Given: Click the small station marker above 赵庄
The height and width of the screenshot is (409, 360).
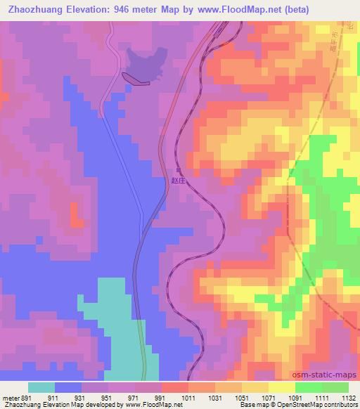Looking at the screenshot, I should tap(179, 171).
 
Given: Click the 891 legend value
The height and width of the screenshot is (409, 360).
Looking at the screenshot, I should tap(28, 397).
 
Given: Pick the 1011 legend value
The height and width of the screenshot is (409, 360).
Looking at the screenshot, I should tap(188, 397).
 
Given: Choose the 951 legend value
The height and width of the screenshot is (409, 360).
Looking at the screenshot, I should tap(108, 397).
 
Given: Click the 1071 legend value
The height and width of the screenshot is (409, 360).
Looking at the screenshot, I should tap(268, 397).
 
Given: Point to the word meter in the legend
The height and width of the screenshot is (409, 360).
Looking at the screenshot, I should tap(9, 397).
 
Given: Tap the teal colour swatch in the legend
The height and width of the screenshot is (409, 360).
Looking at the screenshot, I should tap(41, 387).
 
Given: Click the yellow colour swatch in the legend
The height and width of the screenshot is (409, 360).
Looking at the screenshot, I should tap(282, 387).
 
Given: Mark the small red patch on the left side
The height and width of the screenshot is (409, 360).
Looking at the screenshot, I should tap(75, 214).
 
